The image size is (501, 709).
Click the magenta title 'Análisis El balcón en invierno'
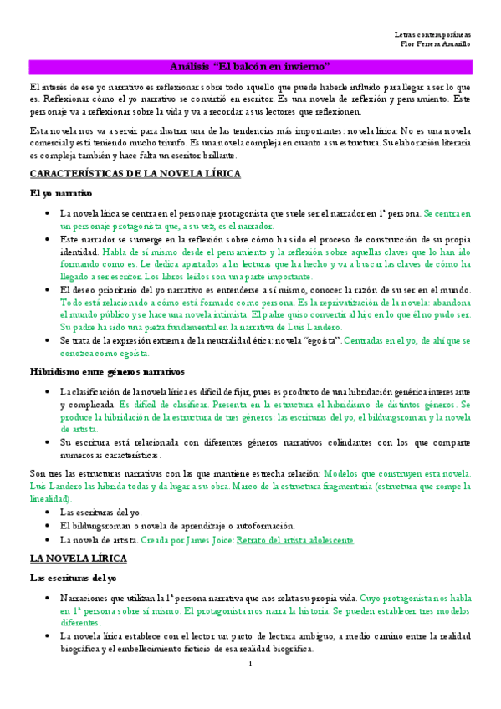coord(250,65)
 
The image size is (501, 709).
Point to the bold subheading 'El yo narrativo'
coord(55,193)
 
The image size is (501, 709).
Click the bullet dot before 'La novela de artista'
coord(46,540)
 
